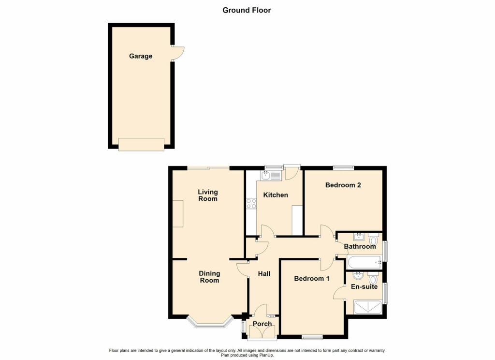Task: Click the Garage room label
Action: pyautogui.click(x=141, y=56)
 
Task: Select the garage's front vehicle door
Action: pyautogui.click(x=141, y=144)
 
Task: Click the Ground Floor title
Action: pyautogui.click(x=247, y=10)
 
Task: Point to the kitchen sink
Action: pyautogui.click(x=271, y=176)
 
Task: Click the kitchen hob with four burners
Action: pyautogui.click(x=251, y=204)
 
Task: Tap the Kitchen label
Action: pyautogui.click(x=276, y=195)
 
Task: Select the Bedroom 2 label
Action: pyautogui.click(x=343, y=185)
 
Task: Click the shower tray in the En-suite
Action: pyautogui.click(x=368, y=307)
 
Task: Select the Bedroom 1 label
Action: pyautogui.click(x=312, y=278)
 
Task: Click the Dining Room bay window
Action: pyautogui.click(x=210, y=322)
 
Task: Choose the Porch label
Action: pyautogui.click(x=262, y=324)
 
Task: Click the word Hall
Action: pyautogui.click(x=264, y=274)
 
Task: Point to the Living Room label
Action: pyautogui.click(x=208, y=195)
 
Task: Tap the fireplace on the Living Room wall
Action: pyautogui.click(x=178, y=213)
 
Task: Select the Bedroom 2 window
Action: pyautogui.click(x=344, y=167)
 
